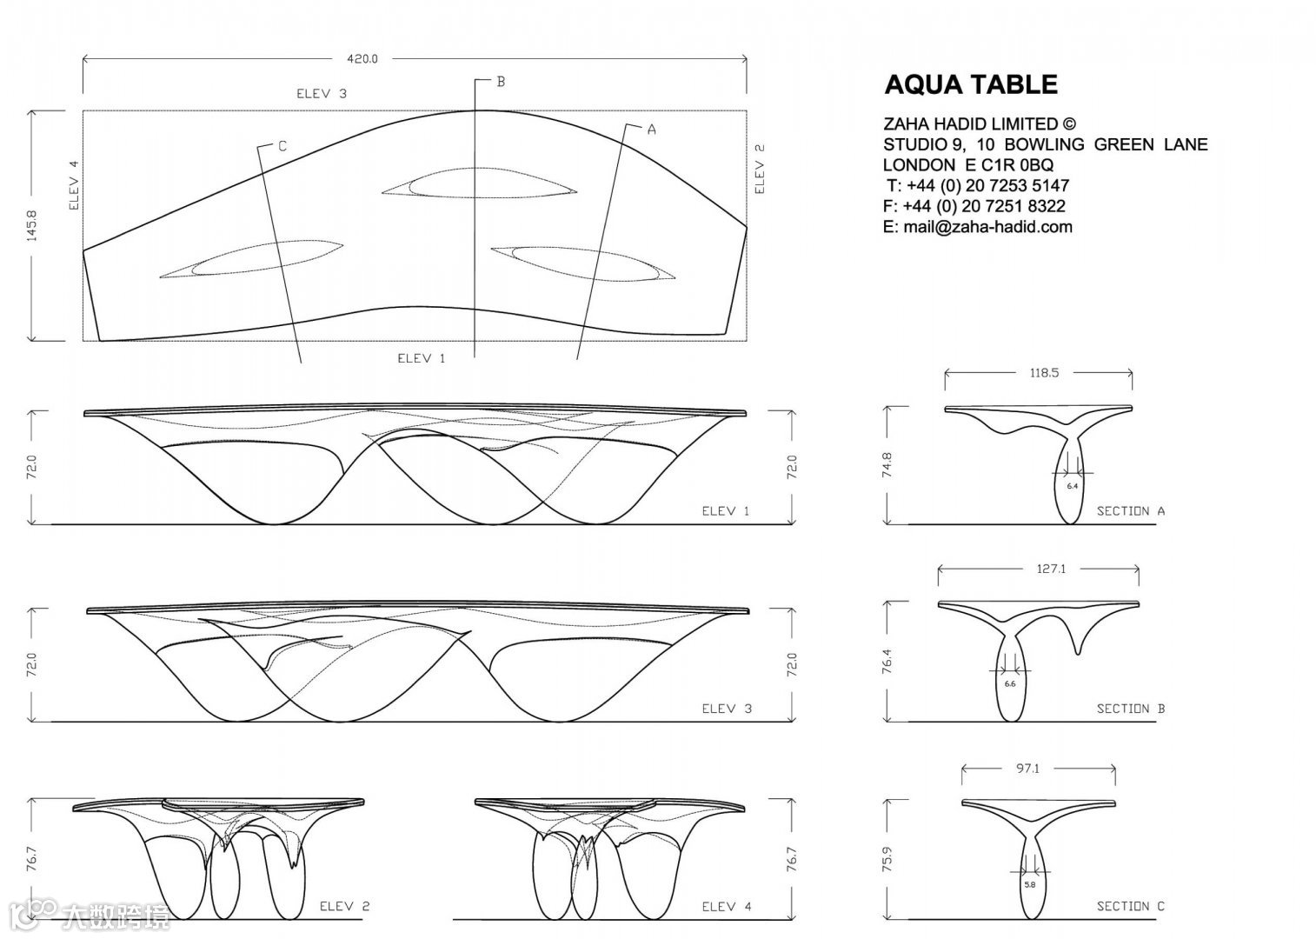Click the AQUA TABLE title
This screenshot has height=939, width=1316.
click(970, 84)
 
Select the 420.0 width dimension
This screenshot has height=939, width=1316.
click(362, 59)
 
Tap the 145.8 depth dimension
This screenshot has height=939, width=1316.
click(32, 224)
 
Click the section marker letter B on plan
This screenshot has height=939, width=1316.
click(501, 82)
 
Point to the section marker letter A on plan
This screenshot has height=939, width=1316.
click(652, 129)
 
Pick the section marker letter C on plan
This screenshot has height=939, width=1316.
click(282, 146)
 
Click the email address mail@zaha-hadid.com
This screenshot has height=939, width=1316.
click(978, 227)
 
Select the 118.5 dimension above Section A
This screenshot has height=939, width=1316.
click(1043, 372)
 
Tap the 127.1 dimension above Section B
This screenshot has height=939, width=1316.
click(1051, 568)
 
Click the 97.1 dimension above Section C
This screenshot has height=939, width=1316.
click(1027, 768)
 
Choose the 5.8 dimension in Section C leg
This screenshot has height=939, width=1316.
click(1030, 884)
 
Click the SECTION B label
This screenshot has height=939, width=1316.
click(1130, 709)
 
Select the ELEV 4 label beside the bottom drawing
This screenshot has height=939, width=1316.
click(726, 906)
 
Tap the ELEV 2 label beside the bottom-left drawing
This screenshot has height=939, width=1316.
click(344, 906)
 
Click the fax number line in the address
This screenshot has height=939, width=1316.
click(974, 206)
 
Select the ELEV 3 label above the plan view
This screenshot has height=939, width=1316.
click(321, 93)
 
